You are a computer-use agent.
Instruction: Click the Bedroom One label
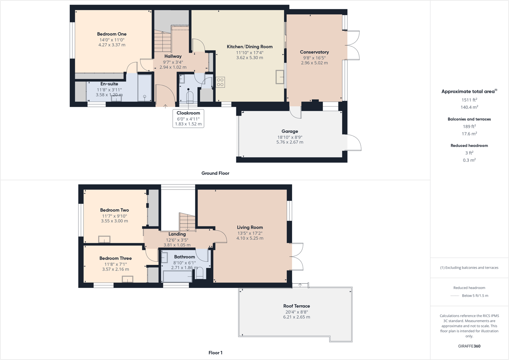(112, 34)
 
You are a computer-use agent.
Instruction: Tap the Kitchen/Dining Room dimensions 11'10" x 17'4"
(249, 53)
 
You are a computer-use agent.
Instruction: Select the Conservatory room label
(314, 52)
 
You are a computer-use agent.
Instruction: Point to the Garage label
(289, 131)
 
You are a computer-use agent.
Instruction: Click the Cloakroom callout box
(188, 118)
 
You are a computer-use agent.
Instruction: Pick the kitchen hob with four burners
(220, 82)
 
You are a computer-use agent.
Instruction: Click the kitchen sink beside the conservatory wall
(280, 77)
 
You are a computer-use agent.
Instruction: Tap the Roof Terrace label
(296, 306)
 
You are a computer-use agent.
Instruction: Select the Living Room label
(250, 228)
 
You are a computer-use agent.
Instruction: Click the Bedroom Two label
(114, 210)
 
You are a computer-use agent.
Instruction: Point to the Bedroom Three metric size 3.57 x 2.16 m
(115, 269)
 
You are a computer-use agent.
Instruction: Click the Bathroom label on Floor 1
(184, 257)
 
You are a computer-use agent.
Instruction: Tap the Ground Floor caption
(215, 173)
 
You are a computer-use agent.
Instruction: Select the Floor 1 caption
(215, 353)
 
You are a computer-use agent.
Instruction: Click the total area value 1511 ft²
(469, 100)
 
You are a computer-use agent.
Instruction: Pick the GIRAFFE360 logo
(469, 346)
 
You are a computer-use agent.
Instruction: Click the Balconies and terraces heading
(469, 119)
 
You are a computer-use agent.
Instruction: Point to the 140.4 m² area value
(469, 107)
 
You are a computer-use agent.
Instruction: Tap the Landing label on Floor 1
(177, 234)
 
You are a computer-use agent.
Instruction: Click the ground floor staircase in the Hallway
(162, 42)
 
